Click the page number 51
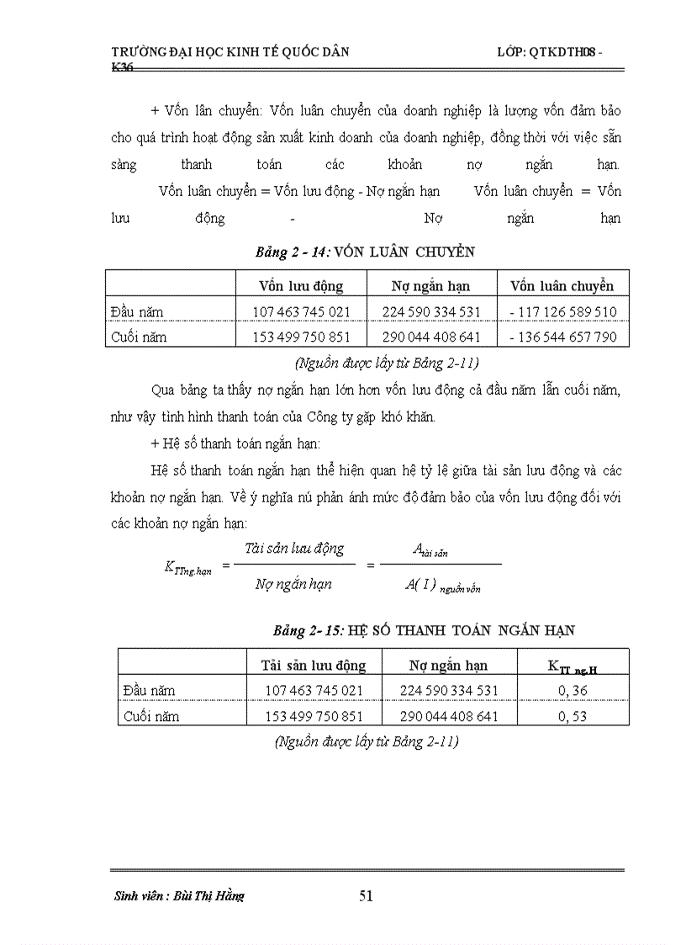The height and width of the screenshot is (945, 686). (366, 895)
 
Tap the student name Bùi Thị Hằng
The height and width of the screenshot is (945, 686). (179, 896)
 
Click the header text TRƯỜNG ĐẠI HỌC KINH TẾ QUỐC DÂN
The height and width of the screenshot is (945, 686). (231, 52)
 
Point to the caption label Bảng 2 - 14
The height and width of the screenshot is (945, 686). (295, 252)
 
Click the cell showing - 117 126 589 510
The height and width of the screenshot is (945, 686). (563, 312)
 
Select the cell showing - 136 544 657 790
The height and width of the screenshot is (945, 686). (563, 337)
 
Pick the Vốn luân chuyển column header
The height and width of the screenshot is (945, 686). (562, 286)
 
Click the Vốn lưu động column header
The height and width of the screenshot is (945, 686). (301, 286)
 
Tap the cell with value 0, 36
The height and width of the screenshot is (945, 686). (572, 691)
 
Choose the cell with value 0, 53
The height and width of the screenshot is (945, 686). (572, 717)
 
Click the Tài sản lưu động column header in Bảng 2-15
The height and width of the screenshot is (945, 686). (314, 666)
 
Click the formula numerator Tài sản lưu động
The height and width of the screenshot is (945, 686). (288, 549)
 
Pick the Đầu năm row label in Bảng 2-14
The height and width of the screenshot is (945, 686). (137, 312)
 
